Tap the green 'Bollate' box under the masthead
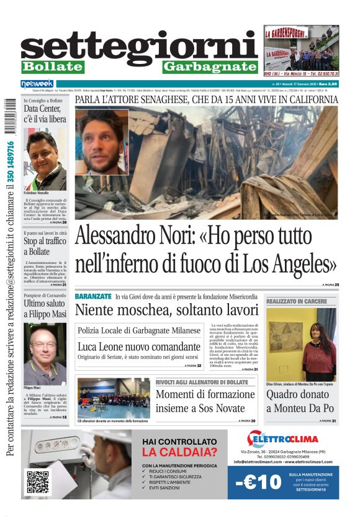[52, 66]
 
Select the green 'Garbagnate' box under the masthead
[210, 66]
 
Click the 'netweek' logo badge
[37, 84]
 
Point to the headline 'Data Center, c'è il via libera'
[43, 114]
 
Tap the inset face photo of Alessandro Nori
[102, 143]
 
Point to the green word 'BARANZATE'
[93, 296]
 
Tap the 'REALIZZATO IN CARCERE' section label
[297, 301]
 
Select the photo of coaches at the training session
[113, 398]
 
